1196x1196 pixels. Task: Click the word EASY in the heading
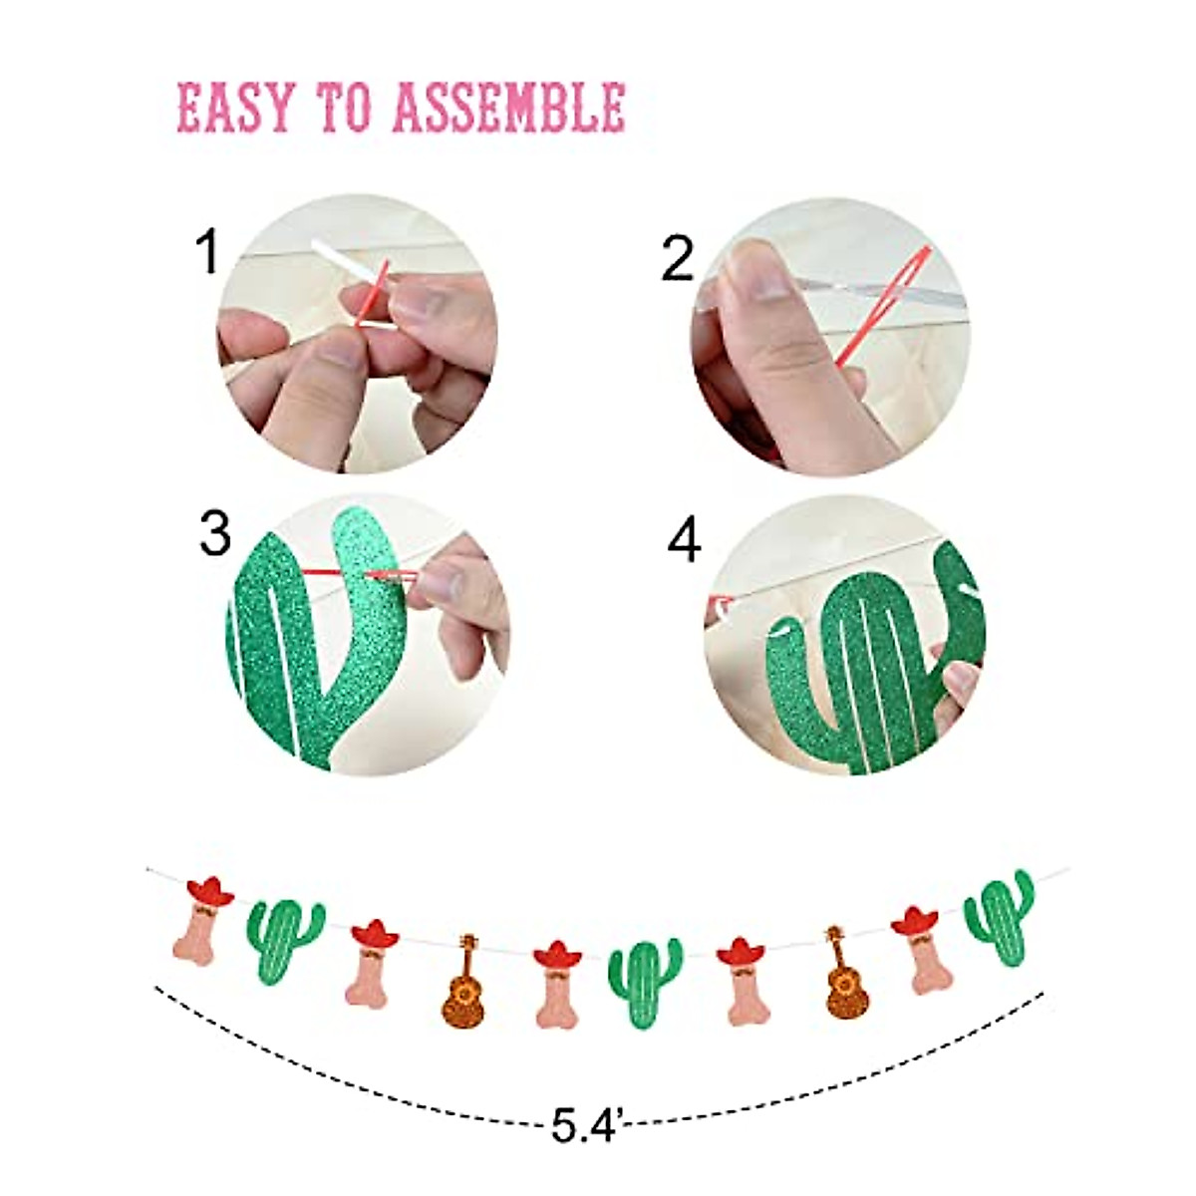(235, 108)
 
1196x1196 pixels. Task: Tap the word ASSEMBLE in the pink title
(509, 108)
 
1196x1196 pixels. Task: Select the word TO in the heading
(343, 108)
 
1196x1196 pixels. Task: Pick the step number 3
(215, 534)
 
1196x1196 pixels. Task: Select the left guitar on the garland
(463, 981)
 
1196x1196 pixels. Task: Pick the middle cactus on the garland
(644, 982)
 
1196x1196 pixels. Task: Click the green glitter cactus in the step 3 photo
(299, 638)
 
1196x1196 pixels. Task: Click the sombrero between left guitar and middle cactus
(557, 956)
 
